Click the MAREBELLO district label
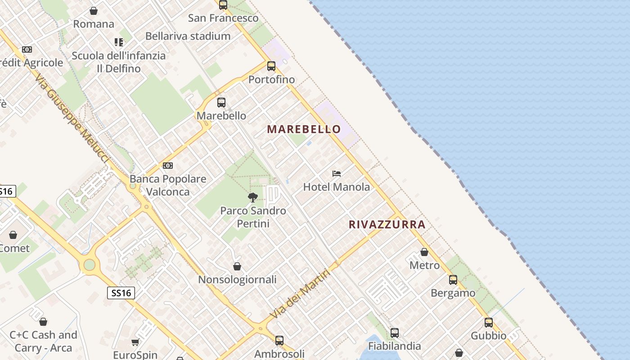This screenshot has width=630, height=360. coord(304,129)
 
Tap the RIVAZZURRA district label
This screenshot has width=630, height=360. coord(387,225)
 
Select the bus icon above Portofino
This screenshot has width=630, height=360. coord(271,66)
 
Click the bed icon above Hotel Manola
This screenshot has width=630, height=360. coord(337,174)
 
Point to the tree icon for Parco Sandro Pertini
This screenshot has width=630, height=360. coord(253,197)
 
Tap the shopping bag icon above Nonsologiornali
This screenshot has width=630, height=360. coord(237,266)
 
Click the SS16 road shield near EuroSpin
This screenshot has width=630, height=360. coord(121,293)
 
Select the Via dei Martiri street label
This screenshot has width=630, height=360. coord(301,294)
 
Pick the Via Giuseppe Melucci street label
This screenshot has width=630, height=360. coord(72,119)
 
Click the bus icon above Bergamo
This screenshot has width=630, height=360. coord(453,280)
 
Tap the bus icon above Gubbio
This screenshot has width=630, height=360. coord(489,323)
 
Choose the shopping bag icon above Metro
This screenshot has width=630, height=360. coord(424,252)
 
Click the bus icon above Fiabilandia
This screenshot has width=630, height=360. coord(395,333)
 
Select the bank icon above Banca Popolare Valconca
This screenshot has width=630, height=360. coord(168,166)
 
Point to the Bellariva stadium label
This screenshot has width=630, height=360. coord(188,36)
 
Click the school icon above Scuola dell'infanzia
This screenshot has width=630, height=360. coord(119,42)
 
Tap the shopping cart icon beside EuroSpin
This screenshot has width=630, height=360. coord(135,342)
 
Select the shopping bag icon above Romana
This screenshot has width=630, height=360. coord(94,10)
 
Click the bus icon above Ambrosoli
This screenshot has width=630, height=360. coord(279,341)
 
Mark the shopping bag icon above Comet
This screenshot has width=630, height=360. coord(13,235)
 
